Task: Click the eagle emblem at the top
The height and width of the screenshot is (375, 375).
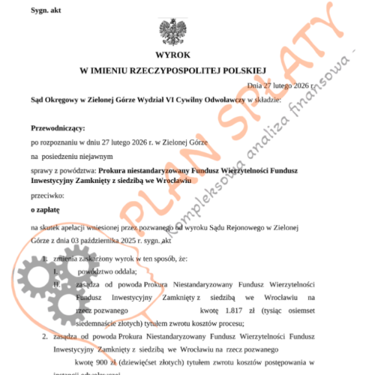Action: pyautogui.click(x=173, y=33)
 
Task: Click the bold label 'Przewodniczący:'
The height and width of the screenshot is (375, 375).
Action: pyautogui.click(x=58, y=129)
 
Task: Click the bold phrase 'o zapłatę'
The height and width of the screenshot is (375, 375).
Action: pyautogui.click(x=45, y=209)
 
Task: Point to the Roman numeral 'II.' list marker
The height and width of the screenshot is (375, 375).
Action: pyautogui.click(x=55, y=284)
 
